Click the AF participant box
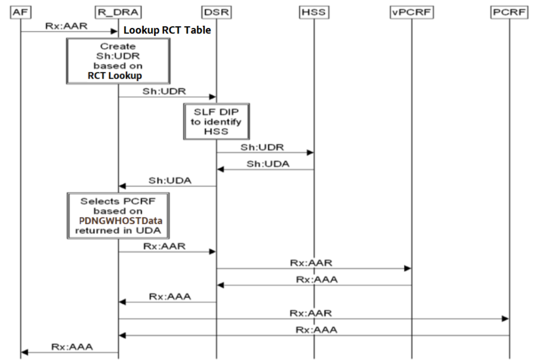(20, 13)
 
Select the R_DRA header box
(118, 13)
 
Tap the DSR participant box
(216, 13)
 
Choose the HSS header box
(313, 13)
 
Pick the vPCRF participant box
(411, 13)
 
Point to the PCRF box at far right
(509, 13)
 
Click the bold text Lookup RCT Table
(167, 31)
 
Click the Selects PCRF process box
(117, 215)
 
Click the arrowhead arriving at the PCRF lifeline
(505, 319)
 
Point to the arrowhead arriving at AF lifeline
(25, 352)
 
